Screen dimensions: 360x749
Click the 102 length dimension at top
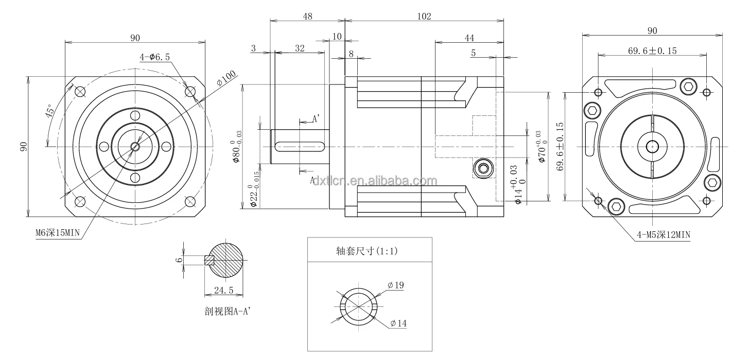[x=424, y=16]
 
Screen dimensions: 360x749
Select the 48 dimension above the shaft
[x=307, y=16]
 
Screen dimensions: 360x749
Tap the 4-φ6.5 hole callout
[x=154, y=57]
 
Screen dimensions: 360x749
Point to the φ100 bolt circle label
[x=226, y=78]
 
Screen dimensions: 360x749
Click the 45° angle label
[x=50, y=112]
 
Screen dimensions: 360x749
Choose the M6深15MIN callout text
[x=57, y=233]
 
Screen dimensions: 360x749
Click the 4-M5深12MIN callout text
[x=663, y=235]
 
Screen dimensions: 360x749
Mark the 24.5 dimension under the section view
[x=224, y=291]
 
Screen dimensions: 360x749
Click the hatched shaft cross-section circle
[x=227, y=261]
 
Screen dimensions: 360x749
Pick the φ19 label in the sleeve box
[x=396, y=285]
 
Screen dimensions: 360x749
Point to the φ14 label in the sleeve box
[x=398, y=323]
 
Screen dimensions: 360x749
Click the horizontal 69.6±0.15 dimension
[x=652, y=50]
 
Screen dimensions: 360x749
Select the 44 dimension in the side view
[x=469, y=38]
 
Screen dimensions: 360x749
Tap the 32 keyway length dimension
[x=300, y=48]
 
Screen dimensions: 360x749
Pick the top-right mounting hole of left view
[x=190, y=92]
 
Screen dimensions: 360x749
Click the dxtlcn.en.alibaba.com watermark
[x=375, y=181]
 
